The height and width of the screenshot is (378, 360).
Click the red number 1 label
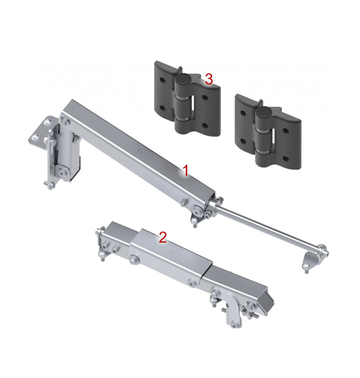[x=185, y=171]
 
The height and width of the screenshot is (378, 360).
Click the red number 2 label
[x=163, y=238]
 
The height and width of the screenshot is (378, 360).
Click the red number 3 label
[x=209, y=79]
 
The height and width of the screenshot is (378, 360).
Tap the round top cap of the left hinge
[x=182, y=79]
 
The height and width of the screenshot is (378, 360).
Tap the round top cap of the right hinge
[x=263, y=112]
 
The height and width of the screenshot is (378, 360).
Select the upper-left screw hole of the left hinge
[x=162, y=79]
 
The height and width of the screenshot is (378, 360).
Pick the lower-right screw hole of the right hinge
[x=286, y=159]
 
